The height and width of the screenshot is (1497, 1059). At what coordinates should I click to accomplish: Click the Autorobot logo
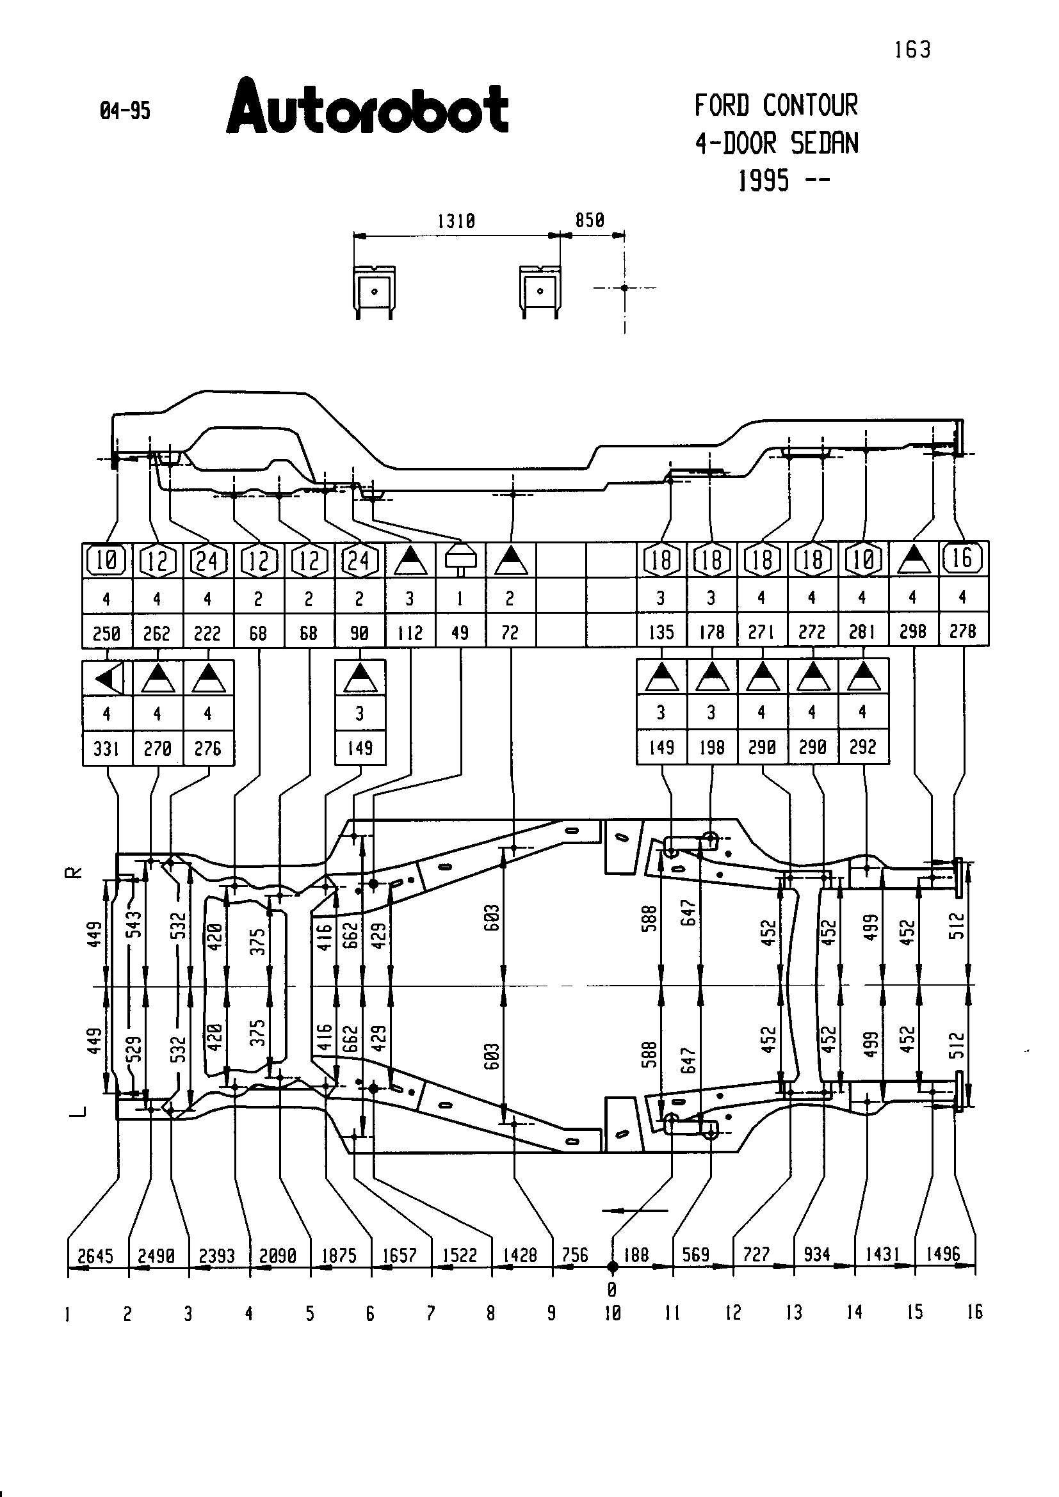[367, 107]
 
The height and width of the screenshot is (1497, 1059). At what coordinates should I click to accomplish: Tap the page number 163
[912, 49]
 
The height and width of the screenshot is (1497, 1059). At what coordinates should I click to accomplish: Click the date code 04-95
[125, 111]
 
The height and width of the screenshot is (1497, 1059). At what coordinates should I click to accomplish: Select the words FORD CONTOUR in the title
[776, 106]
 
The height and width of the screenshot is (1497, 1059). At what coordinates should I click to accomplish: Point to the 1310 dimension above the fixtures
[456, 221]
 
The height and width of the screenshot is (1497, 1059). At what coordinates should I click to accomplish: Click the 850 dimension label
[590, 220]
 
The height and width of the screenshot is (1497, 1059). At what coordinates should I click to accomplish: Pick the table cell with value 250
[106, 633]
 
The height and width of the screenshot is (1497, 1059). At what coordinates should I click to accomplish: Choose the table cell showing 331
[106, 749]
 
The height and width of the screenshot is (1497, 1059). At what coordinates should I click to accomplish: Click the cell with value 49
[460, 632]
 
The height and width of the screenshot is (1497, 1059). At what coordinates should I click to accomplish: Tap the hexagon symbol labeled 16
[962, 559]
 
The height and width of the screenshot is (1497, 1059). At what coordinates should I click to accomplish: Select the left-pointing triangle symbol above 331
[108, 678]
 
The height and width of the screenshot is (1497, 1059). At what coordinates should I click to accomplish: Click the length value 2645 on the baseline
[95, 1256]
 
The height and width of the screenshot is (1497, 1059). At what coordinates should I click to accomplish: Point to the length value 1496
[943, 1254]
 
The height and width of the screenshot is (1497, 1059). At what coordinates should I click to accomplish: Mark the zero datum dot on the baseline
[612, 1267]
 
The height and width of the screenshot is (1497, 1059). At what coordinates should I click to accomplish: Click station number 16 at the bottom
[974, 1312]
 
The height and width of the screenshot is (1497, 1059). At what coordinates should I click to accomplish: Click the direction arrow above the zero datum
[635, 1211]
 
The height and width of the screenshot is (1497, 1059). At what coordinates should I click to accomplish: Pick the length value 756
[574, 1255]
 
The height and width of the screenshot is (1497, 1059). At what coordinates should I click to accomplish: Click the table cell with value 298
[912, 631]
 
